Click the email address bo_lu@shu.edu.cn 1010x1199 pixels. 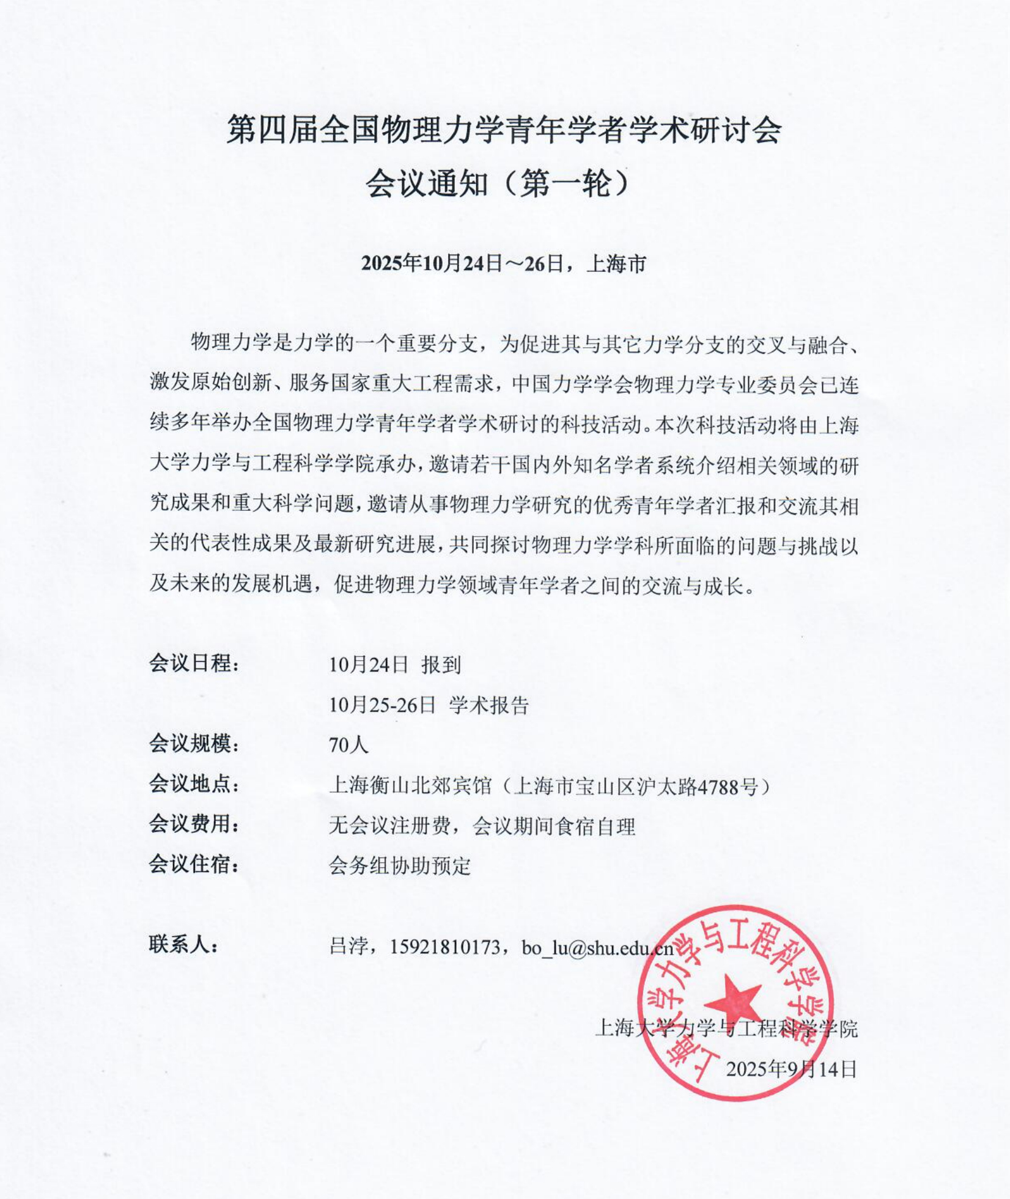tap(597, 947)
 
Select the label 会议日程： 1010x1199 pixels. tap(194, 663)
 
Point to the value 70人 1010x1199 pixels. tap(349, 744)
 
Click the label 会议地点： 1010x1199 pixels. tap(194, 784)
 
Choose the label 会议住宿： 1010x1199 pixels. tap(194, 865)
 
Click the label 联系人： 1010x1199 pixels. tap(184, 945)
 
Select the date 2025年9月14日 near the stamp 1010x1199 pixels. tap(792, 1069)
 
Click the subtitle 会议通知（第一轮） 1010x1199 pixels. tap(498, 183)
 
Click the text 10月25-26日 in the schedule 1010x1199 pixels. tap(382, 705)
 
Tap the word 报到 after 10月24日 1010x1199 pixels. tap(441, 664)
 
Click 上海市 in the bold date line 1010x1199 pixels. tap(616, 264)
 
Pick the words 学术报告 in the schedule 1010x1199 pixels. tap(488, 705)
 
